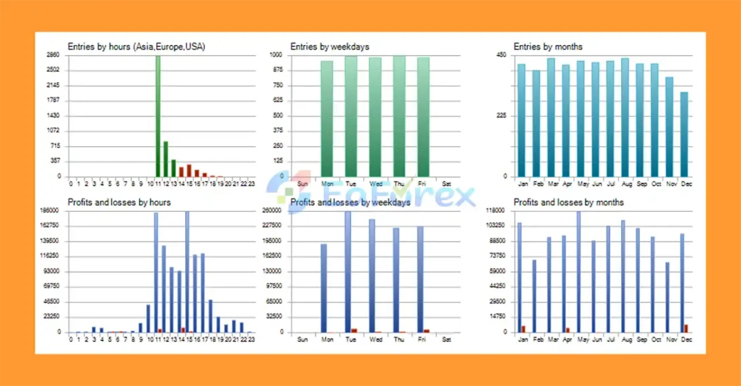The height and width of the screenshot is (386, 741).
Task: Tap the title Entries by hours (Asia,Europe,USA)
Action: point(136,46)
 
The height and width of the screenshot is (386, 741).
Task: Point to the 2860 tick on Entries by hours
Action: point(54,55)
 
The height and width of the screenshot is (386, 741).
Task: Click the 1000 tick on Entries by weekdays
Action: point(277,55)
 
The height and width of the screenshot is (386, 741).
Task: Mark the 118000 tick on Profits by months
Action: point(497,211)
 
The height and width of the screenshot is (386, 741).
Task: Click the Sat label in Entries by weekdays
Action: point(447,184)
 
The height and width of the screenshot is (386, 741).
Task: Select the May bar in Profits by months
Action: point(579,272)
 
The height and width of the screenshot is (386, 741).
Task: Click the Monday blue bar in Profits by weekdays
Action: point(324,288)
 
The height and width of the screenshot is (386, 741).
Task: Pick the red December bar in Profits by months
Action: point(686,329)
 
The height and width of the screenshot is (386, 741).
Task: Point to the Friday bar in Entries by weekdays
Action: point(423,117)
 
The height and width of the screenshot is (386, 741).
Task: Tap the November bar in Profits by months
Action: point(668,297)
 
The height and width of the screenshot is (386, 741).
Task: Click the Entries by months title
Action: point(548,46)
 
